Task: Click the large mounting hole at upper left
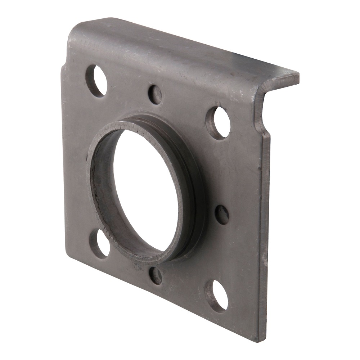coord(96,81)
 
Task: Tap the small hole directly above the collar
coord(155,94)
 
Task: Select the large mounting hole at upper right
coord(219,123)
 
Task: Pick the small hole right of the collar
coord(222,215)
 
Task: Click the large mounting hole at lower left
coord(100,244)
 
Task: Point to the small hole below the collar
coord(156,275)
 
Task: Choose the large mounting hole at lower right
coord(217,296)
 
